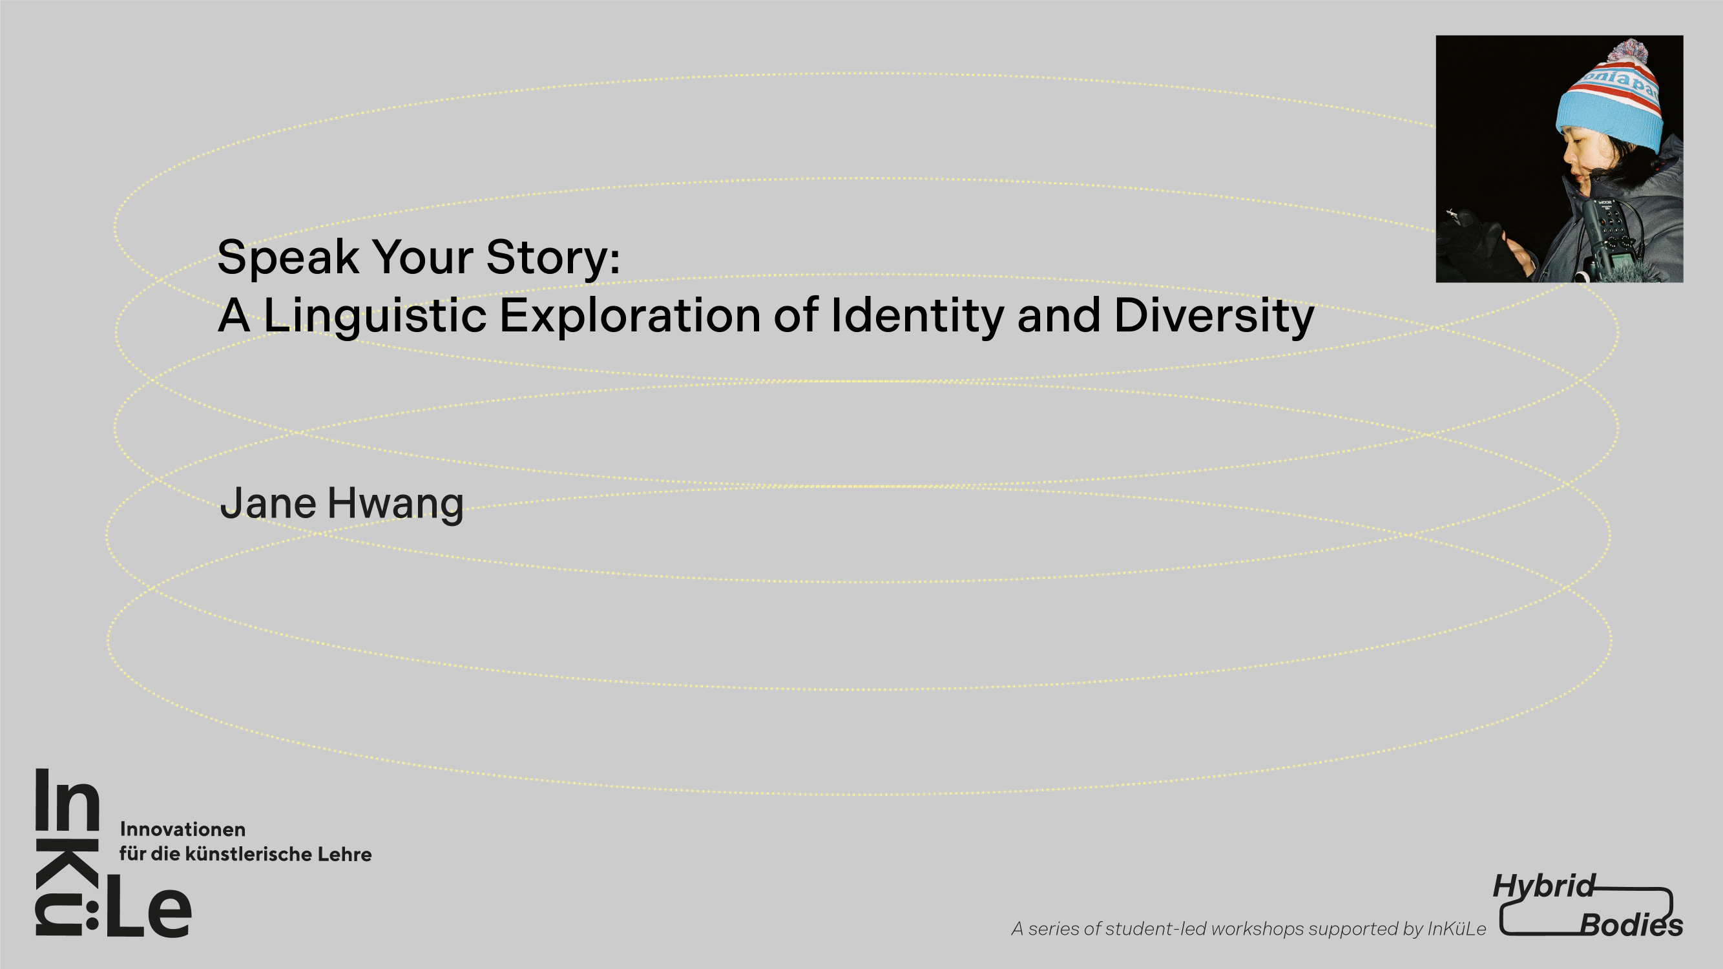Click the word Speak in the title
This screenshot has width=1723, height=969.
[288, 257]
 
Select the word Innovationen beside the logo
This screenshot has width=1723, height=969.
[183, 829]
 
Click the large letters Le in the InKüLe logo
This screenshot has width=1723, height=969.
[148, 907]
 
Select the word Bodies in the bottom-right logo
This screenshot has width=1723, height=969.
[1631, 926]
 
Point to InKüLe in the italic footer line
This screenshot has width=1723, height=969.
[1457, 928]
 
